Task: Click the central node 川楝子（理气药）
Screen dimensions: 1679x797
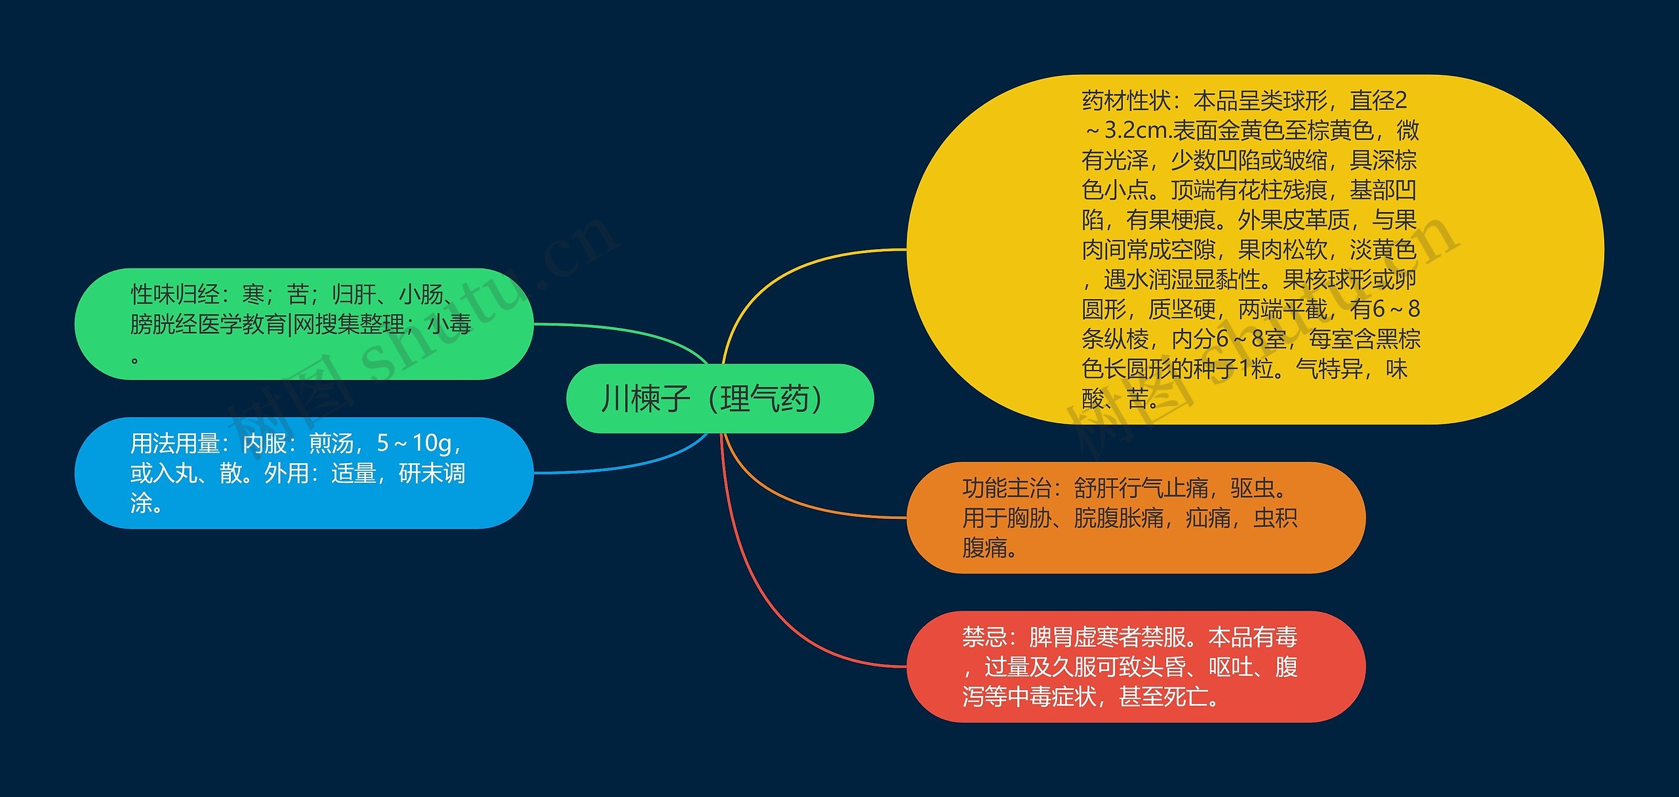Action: [x=719, y=398]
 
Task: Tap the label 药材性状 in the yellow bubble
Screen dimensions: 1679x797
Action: [x=1126, y=100]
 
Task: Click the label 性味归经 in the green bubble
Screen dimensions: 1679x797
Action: [x=174, y=294]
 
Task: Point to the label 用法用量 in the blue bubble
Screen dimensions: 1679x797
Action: [x=174, y=443]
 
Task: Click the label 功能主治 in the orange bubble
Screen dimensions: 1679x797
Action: [x=1007, y=488]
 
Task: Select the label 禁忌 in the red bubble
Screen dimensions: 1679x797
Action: [x=984, y=637]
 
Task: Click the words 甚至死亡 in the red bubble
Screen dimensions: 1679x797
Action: [x=1163, y=697]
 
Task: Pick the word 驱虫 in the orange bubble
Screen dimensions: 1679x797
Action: [x=1253, y=488]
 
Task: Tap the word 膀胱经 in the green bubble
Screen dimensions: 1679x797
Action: [x=163, y=324]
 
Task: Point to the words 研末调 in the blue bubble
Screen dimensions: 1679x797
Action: [x=432, y=473]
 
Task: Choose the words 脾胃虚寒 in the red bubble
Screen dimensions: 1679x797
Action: [x=1074, y=637]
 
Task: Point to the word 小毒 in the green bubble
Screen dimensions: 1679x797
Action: [x=449, y=324]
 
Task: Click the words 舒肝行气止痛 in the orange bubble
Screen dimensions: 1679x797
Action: [x=1141, y=488]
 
